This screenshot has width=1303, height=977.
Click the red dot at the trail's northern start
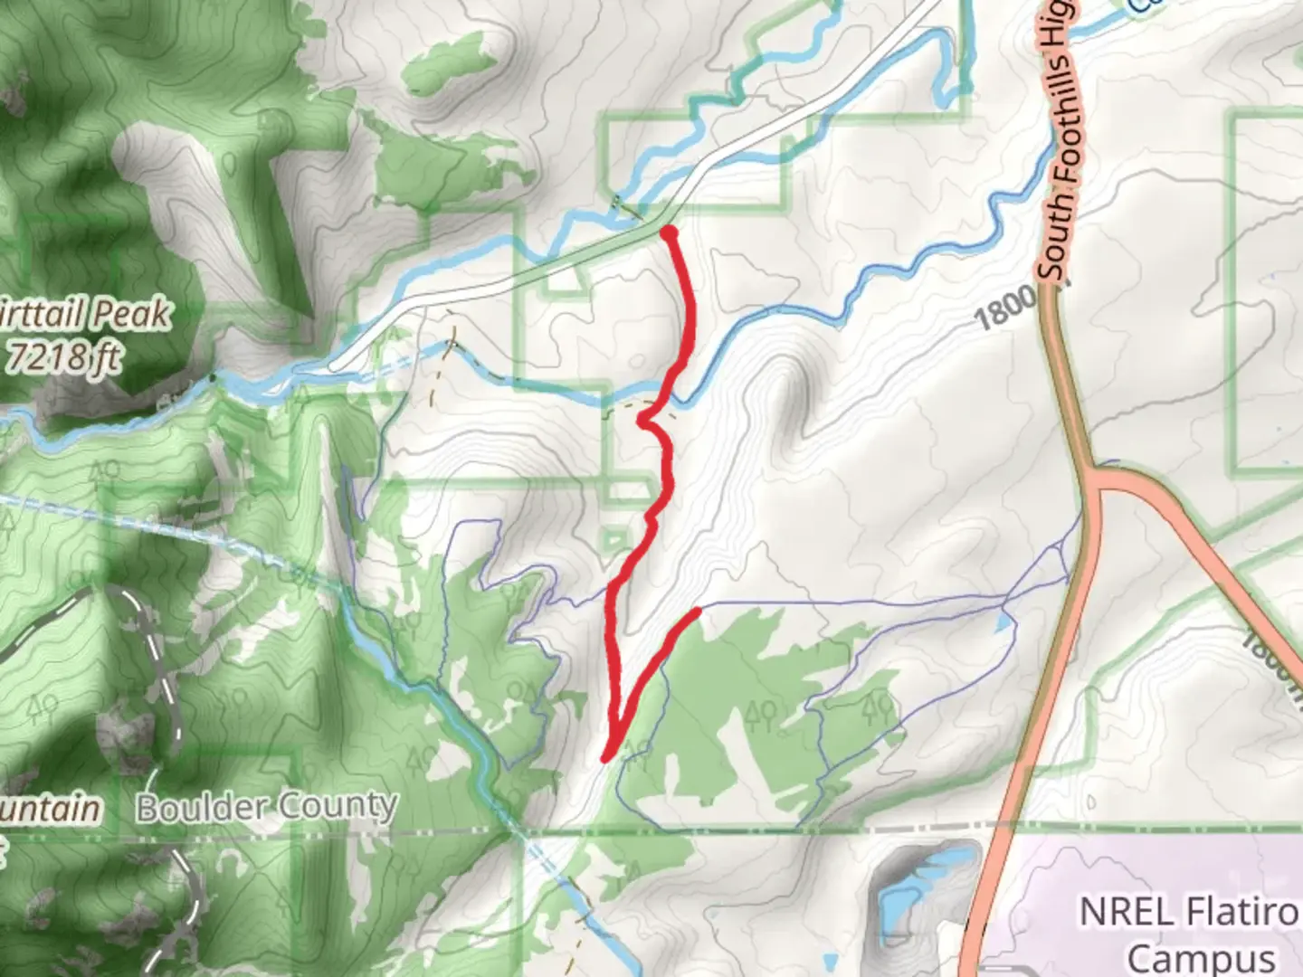pos(670,233)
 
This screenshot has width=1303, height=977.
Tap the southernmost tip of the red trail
pos(605,757)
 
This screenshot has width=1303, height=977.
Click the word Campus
pos(1200,956)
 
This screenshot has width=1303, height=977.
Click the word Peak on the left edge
pos(132,314)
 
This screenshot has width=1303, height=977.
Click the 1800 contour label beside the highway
pos(1004,307)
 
